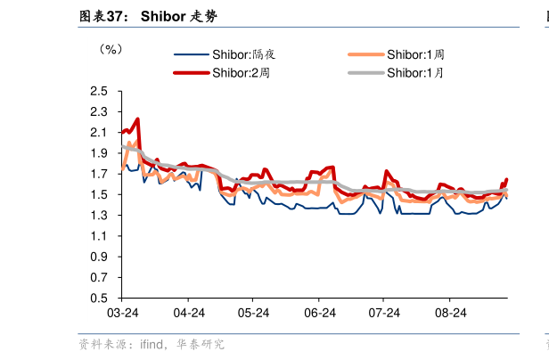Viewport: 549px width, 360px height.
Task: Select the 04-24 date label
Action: pyautogui.click(x=189, y=313)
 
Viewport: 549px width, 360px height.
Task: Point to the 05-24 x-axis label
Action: pyautogui.click(x=254, y=313)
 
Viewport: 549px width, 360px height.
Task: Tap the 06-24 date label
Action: pyautogui.click(x=319, y=313)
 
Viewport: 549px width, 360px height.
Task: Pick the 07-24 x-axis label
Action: pyautogui.click(x=384, y=313)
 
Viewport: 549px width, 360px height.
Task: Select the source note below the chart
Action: pyautogui.click(x=152, y=344)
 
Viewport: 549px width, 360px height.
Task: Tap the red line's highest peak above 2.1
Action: pyautogui.click(x=137, y=119)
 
